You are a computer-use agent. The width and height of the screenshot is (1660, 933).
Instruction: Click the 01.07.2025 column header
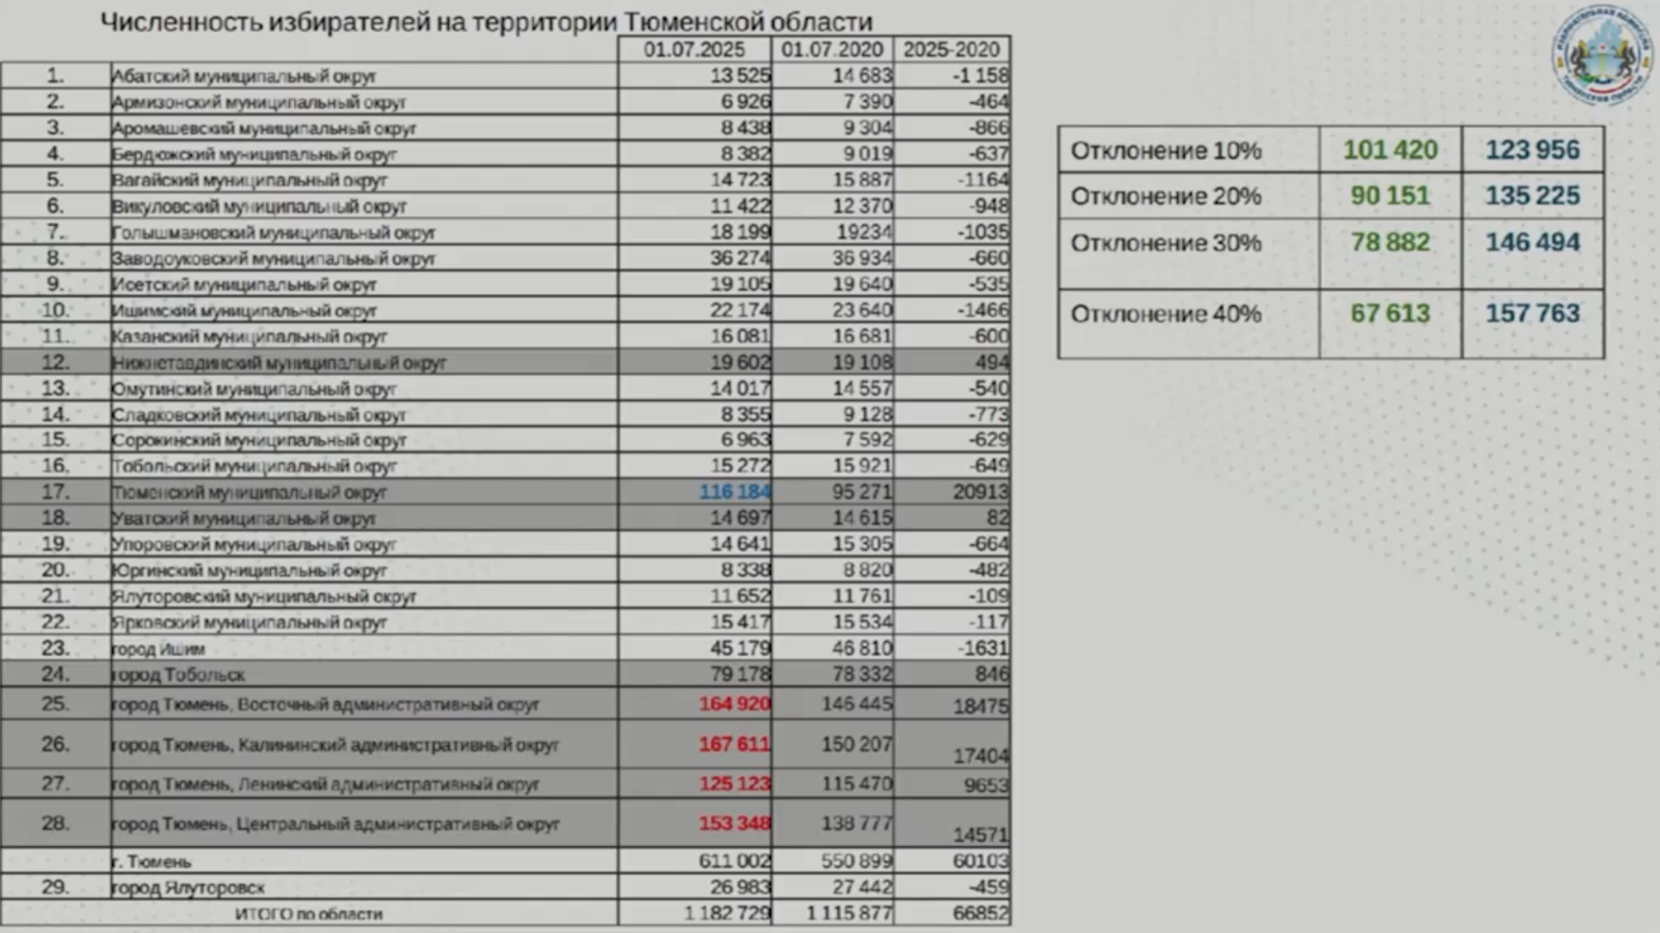click(x=694, y=50)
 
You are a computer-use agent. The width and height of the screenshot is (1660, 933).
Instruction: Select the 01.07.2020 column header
click(x=832, y=50)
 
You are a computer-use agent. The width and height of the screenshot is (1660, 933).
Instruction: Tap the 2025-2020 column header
click(x=951, y=50)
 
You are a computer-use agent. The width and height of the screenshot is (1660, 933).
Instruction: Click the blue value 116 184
click(x=735, y=492)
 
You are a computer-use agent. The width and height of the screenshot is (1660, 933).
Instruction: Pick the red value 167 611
click(x=735, y=745)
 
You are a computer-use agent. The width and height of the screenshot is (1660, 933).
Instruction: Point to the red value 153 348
click(x=735, y=823)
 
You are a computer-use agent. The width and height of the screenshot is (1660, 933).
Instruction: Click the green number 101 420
click(x=1390, y=150)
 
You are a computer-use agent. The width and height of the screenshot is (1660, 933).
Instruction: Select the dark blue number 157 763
click(x=1532, y=314)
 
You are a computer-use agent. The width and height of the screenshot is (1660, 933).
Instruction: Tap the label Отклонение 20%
click(x=1166, y=196)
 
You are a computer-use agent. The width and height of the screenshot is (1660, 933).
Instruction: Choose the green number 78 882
click(x=1390, y=243)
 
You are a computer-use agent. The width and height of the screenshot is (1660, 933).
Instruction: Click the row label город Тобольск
click(x=178, y=675)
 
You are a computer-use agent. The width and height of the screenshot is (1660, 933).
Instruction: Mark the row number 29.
click(x=56, y=887)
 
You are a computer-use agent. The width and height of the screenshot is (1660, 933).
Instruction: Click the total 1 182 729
click(x=728, y=914)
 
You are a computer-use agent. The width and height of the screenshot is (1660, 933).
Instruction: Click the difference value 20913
click(x=980, y=492)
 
